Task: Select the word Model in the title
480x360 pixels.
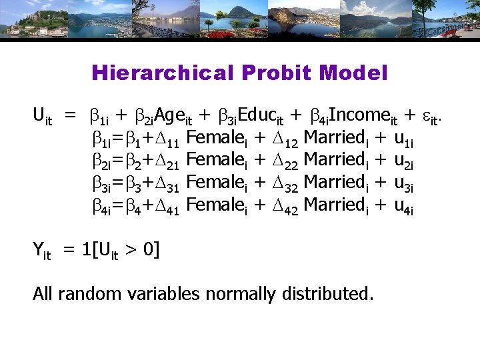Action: (359, 73)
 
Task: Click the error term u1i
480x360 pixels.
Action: (404, 139)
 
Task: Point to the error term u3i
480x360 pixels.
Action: (404, 185)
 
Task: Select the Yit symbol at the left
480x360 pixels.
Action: (42, 251)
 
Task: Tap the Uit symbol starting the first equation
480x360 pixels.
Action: (42, 117)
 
